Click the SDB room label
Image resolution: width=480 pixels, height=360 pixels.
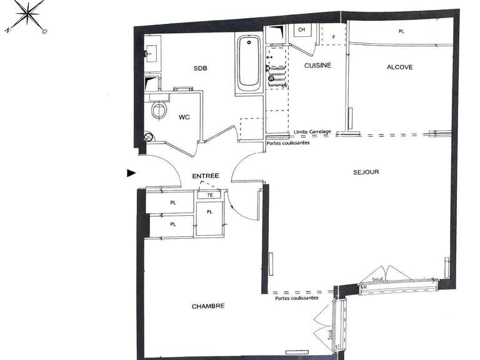point(199,68)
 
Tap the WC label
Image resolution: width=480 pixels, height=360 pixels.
point(184,117)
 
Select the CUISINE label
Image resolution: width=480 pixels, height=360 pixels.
point(317,65)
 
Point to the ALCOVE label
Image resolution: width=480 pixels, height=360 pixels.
point(400,67)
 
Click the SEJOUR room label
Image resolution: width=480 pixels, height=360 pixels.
point(366,172)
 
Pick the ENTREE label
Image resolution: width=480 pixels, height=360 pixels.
point(205,176)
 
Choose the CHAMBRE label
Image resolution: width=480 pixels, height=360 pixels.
point(207,306)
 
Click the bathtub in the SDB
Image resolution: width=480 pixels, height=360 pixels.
point(249,62)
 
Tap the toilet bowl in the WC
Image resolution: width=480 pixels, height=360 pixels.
point(159,110)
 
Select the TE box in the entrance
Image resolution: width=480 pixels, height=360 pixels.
point(209,195)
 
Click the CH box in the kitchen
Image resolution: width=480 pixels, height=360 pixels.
point(301,30)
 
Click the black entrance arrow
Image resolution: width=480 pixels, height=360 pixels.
point(131,173)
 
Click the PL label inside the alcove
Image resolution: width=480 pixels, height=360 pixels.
point(401,31)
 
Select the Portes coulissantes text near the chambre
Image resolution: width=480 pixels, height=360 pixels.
point(296,298)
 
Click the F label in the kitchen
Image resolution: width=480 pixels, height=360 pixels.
point(334,37)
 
